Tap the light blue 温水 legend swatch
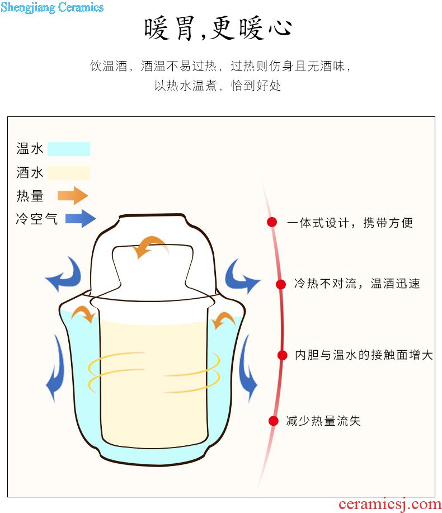(68, 149)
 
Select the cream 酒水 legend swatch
(68, 173)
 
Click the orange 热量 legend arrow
(73, 196)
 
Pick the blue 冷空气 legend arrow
(80, 218)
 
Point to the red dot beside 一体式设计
(272, 222)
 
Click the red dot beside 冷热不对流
(281, 284)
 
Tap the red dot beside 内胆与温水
(283, 355)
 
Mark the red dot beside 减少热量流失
(274, 421)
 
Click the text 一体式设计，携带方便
(350, 223)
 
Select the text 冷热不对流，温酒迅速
(357, 284)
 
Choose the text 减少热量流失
(323, 421)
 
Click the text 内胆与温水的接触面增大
(364, 355)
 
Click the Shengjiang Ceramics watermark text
(52, 7)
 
